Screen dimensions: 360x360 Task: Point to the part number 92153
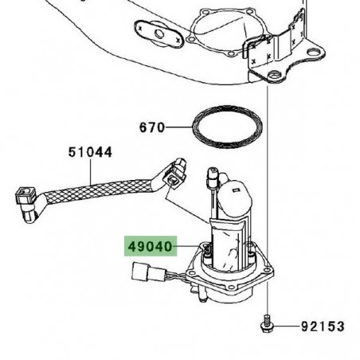click(x=323, y=327)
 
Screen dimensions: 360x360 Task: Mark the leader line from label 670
click(x=178, y=127)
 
